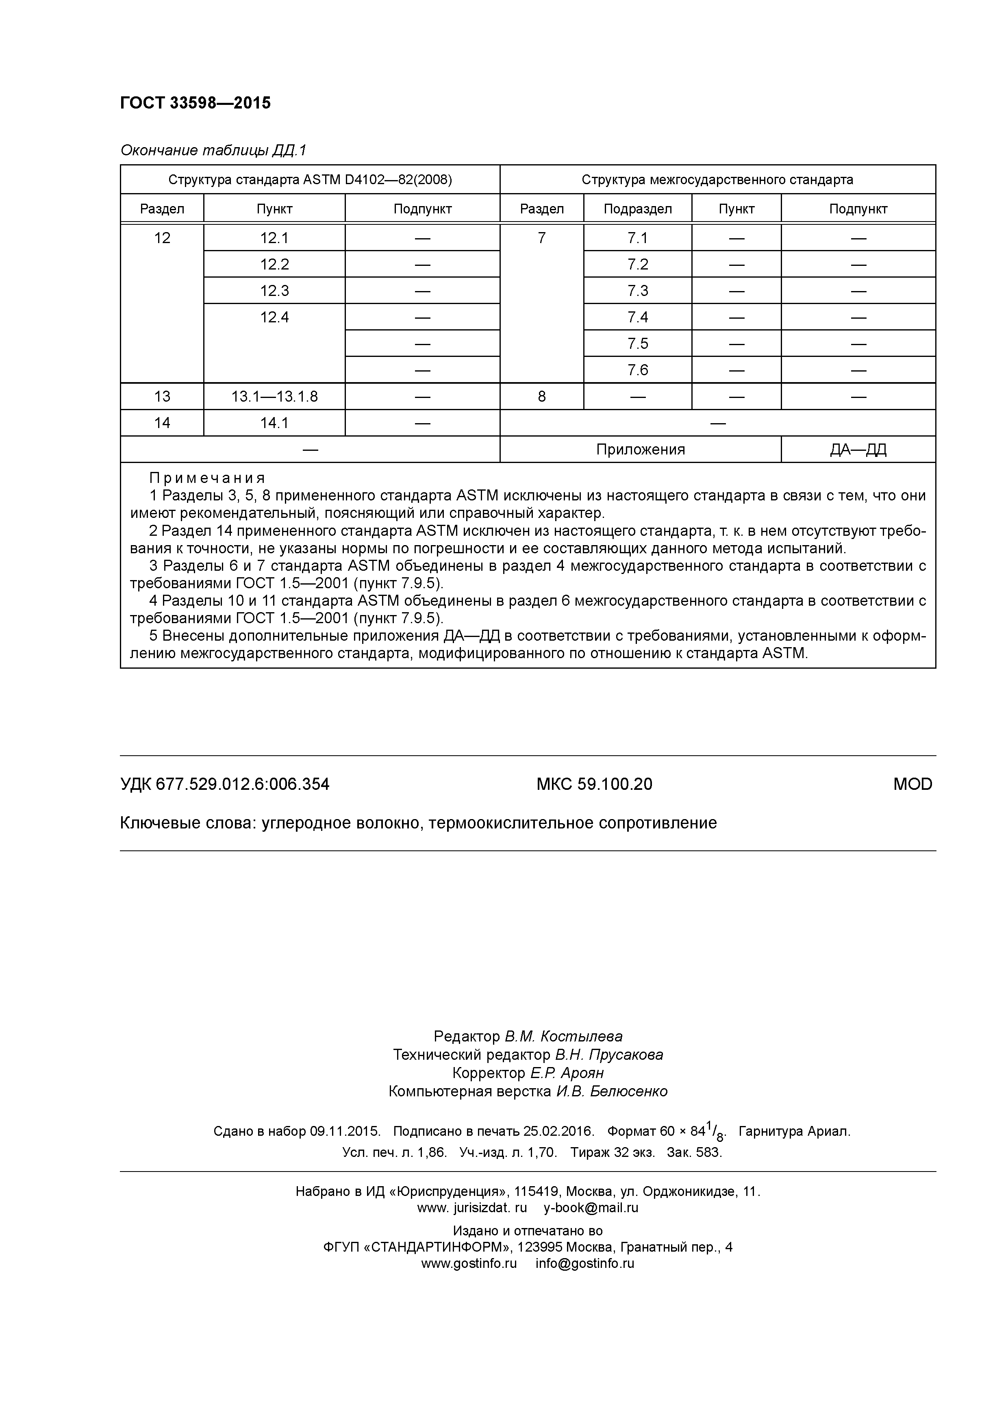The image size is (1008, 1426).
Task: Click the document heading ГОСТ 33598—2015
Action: [195, 103]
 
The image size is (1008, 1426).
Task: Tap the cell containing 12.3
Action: [274, 291]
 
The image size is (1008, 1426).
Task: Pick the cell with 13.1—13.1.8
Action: [274, 396]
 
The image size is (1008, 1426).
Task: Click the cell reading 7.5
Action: [637, 343]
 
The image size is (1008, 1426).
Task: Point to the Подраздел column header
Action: [637, 209]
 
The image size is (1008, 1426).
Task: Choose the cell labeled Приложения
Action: [640, 449]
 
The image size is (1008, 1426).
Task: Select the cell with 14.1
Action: [274, 423]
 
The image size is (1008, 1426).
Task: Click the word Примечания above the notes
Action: [207, 478]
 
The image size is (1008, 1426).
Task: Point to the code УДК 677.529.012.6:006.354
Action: [224, 785]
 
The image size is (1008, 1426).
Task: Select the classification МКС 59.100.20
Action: [594, 785]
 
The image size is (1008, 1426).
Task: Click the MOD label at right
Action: [912, 785]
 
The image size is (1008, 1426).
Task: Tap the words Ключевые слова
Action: [186, 823]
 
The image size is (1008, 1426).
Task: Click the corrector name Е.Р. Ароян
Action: [566, 1073]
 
